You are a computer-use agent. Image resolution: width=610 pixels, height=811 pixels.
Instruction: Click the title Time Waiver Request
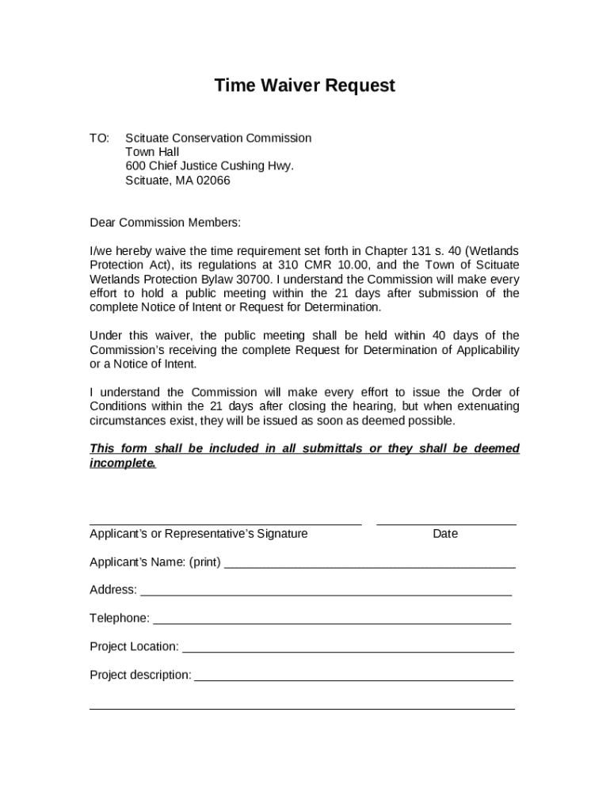click(304, 86)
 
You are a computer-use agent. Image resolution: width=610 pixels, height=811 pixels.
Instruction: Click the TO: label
click(99, 138)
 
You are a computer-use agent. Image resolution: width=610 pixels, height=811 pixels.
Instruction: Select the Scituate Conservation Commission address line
click(218, 138)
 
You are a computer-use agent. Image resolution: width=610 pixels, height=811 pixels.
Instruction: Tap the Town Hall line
click(152, 152)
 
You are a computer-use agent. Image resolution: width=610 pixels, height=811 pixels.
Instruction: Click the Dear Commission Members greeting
click(165, 223)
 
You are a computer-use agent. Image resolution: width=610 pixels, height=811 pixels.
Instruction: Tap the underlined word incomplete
click(123, 463)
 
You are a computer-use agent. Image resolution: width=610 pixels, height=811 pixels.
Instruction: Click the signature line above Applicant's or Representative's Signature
click(225, 523)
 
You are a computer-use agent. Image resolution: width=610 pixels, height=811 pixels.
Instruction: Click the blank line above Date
click(446, 523)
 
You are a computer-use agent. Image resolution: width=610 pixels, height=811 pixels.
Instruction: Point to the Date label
click(445, 534)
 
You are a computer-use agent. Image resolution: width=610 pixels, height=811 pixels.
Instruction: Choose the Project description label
click(140, 675)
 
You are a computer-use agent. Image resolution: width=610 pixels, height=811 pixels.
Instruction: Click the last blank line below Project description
click(302, 708)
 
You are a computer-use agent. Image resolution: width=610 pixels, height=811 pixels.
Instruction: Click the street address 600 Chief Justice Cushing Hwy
click(209, 166)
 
